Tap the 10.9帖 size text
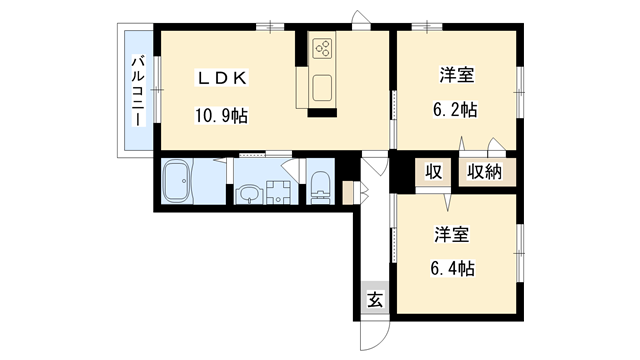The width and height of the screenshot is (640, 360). pos(221,116)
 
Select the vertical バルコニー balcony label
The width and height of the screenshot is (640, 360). pos(136,91)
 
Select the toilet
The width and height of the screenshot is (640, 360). pos(320,186)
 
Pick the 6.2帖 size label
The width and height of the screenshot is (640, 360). pos(456,108)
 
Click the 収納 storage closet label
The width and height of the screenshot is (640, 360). pos(484,171)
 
